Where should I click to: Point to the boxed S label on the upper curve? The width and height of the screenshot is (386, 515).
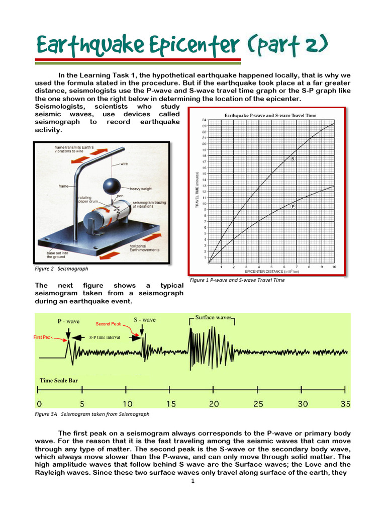point(293,159)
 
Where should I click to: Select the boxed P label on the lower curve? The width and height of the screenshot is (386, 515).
point(293,206)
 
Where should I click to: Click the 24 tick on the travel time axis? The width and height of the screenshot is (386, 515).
point(204,120)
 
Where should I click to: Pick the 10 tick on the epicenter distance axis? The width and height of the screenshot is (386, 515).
point(334,267)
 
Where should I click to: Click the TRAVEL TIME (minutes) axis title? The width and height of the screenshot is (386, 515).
point(197,191)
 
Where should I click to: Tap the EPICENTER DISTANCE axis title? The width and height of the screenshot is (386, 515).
point(271,272)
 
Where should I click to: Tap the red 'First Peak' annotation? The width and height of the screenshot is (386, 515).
point(43,337)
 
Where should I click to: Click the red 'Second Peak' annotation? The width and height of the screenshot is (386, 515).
point(109,323)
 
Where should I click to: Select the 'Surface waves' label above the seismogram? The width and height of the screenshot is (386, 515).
point(213,318)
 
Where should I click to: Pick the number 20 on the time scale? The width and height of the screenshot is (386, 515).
point(214,404)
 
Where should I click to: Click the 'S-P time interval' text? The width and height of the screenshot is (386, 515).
point(105,337)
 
